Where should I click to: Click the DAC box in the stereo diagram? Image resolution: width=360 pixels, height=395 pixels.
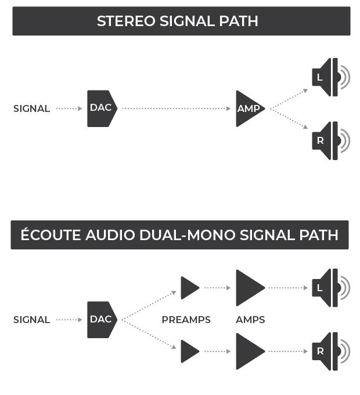pyautogui.click(x=102, y=108)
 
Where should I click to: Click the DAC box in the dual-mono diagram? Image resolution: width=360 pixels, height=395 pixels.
pyautogui.click(x=102, y=320)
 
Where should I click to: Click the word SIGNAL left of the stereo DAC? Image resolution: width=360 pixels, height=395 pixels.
pyautogui.click(x=31, y=109)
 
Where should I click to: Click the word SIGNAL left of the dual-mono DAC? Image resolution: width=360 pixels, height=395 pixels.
pyautogui.click(x=31, y=320)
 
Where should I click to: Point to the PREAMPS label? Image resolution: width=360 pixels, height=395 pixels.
pyautogui.click(x=186, y=320)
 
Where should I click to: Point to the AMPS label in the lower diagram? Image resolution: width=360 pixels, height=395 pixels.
pyautogui.click(x=250, y=320)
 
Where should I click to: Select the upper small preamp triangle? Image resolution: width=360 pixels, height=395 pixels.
pyautogui.click(x=189, y=288)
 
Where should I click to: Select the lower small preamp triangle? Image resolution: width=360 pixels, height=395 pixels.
pyautogui.click(x=189, y=351)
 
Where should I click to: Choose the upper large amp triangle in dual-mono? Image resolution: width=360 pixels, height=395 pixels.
pyautogui.click(x=249, y=288)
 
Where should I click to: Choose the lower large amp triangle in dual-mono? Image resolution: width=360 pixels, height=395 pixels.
pyautogui.click(x=249, y=351)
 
